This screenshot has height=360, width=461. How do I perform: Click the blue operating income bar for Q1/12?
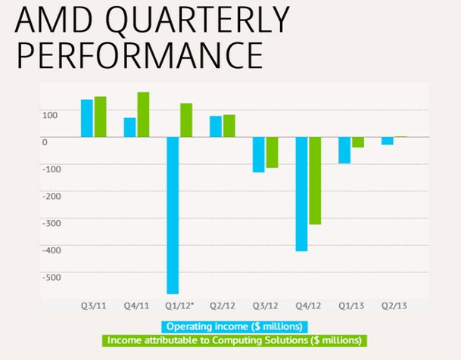coord(173,215)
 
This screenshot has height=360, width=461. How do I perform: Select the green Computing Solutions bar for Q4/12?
coord(314,181)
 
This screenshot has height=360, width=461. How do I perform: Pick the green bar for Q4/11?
coord(143,114)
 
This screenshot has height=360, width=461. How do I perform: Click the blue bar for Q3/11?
coord(87,118)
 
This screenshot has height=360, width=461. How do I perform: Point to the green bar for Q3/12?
coord(272,152)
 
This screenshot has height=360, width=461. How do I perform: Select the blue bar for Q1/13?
coord(344,150)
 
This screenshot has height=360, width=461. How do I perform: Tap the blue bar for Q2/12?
coord(216,126)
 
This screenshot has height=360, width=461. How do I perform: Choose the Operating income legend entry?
coord(234,327)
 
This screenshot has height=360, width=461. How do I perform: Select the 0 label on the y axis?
coord(45,141)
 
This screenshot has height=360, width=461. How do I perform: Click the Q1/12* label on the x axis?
coord(180,306)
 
